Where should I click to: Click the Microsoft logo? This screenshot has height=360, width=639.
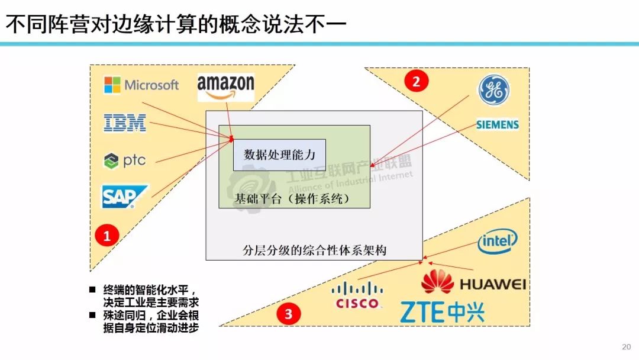(141, 85)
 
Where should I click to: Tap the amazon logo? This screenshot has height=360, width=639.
(225, 87)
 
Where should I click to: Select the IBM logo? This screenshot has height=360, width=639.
(125, 123)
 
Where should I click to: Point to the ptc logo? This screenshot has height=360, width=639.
(124, 160)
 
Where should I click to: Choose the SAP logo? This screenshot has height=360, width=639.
(124, 197)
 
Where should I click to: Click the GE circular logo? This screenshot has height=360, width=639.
(493, 91)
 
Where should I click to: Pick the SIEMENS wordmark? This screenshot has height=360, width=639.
(498, 125)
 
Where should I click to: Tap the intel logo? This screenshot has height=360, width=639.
(497, 241)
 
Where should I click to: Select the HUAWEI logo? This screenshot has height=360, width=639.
(473, 282)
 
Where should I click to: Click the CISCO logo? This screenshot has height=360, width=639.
(357, 295)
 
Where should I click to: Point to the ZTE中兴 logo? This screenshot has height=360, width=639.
(442, 312)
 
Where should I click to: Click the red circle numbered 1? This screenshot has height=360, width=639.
(107, 236)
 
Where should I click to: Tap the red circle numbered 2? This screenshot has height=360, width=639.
(416, 81)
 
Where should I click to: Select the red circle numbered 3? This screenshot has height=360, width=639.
(289, 314)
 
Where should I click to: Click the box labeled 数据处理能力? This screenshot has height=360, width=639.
(279, 155)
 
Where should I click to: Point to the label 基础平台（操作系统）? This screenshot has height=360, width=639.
(292, 199)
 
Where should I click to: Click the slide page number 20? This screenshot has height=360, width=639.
(627, 347)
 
